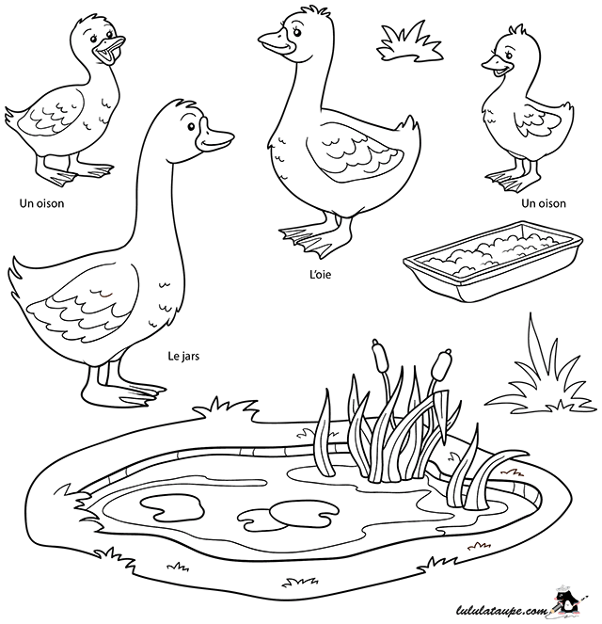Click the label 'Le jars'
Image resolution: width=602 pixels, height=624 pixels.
183,356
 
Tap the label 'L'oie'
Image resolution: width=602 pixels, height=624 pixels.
320,274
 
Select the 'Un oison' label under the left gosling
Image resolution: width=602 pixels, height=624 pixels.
41,203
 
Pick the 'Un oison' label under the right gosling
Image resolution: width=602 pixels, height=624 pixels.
544,203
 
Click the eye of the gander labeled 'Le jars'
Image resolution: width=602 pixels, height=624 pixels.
191,126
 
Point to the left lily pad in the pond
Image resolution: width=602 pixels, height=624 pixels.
172,508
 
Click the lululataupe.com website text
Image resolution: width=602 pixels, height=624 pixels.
501,610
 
